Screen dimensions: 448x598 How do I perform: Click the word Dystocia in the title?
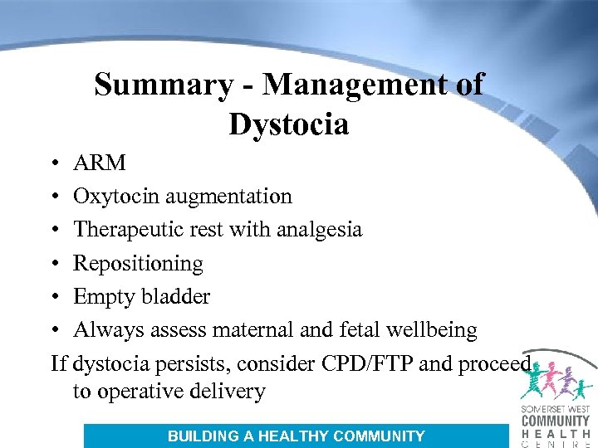tap(288, 124)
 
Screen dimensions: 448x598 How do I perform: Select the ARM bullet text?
tap(100, 163)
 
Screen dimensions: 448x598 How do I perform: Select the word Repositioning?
tap(138, 264)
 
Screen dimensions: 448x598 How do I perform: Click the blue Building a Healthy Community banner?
tap(296, 436)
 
